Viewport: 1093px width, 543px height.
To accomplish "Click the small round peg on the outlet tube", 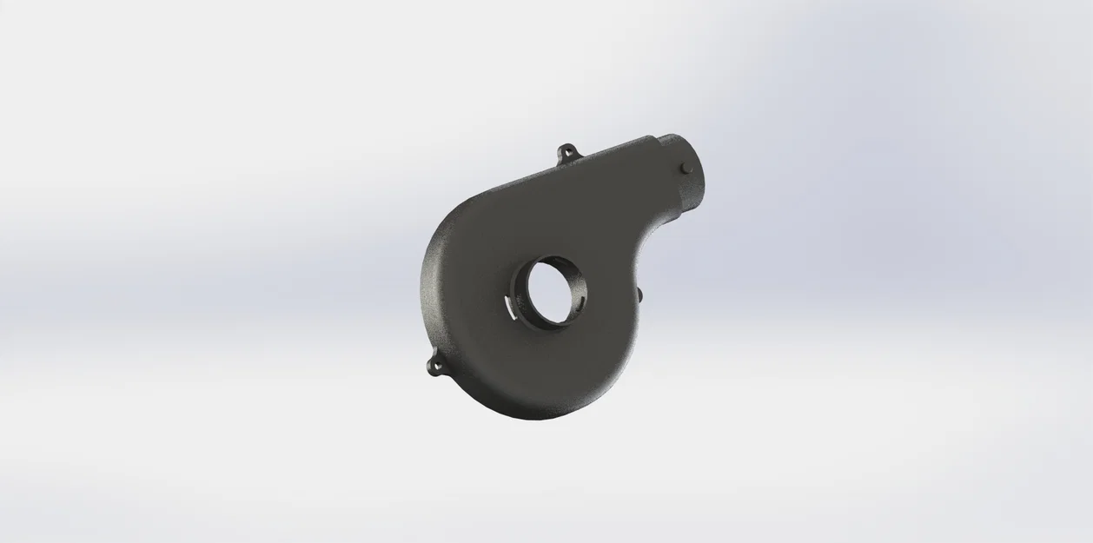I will (686, 167).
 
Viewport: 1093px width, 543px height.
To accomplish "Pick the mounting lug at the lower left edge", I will (435, 366).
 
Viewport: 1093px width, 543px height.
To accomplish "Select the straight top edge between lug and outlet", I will (608, 156).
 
